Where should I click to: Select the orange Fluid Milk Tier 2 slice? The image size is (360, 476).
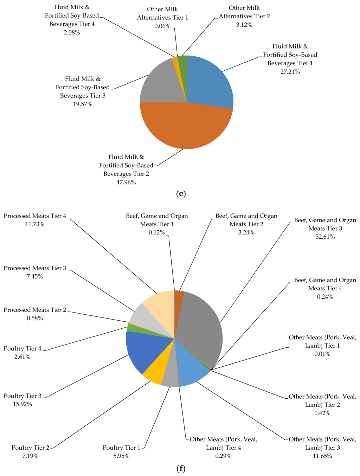pos(186,127)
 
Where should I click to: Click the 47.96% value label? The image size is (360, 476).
pos(126,182)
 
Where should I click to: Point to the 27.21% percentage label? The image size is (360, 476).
pos(290,72)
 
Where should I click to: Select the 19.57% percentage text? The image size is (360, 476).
pos(83,104)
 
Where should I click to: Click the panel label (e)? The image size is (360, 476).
pos(180,194)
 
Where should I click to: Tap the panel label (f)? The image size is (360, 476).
pos(180,469)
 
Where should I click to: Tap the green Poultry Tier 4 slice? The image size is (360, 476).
pos(132,328)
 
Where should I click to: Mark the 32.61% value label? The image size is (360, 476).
pos(325,237)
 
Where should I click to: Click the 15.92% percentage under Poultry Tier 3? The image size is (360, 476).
pos(22,404)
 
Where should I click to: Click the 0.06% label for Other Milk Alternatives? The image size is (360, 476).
pos(162,26)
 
